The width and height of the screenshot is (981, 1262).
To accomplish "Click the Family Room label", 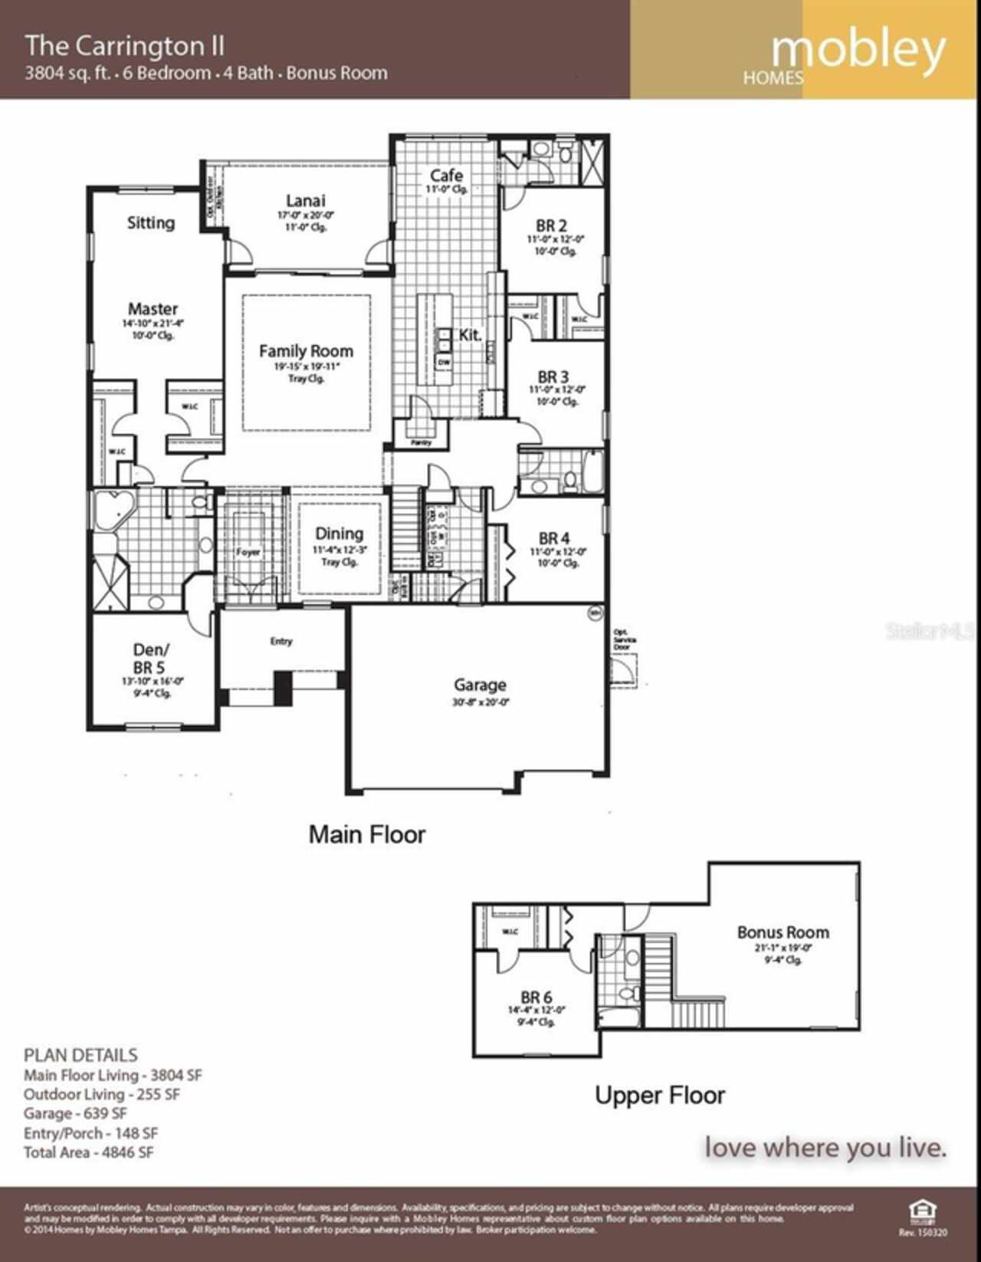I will pyautogui.click(x=306, y=351).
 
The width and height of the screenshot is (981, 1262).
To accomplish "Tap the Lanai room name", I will pyautogui.click(x=305, y=201).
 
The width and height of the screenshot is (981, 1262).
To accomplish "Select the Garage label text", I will pyautogui.click(x=479, y=685).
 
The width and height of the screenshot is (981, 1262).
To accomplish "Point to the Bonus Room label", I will pyautogui.click(x=783, y=932).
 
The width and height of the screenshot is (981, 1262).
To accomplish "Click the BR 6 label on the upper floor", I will pyautogui.click(x=536, y=997).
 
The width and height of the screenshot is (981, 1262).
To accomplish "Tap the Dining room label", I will pyautogui.click(x=339, y=534).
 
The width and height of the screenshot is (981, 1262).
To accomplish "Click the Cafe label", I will pyautogui.click(x=445, y=176).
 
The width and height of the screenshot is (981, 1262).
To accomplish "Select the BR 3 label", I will pyautogui.click(x=553, y=377).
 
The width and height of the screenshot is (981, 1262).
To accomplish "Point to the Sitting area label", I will pyautogui.click(x=150, y=223).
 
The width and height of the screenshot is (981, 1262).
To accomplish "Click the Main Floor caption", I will pyautogui.click(x=366, y=834).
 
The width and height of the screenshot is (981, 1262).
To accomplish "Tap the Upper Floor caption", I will pyautogui.click(x=659, y=1095).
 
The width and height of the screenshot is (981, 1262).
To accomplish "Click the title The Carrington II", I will pyautogui.click(x=125, y=46).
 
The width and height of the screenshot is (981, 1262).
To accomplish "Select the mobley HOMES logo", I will pyautogui.click(x=851, y=54).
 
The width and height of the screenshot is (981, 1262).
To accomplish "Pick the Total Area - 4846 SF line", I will pyautogui.click(x=88, y=1152).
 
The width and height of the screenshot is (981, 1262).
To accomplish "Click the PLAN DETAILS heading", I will pyautogui.click(x=80, y=1055).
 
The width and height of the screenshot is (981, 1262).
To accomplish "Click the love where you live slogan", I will pyautogui.click(x=825, y=1148).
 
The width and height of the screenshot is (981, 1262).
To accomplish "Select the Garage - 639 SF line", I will pyautogui.click(x=75, y=1113).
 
